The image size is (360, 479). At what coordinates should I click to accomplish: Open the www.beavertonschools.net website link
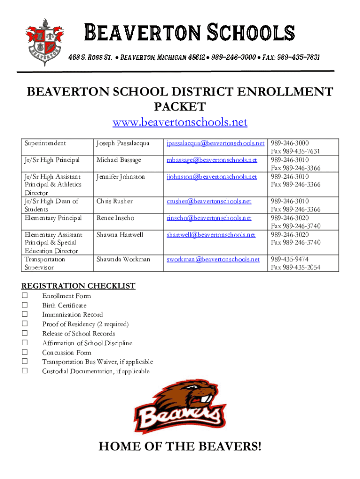(180, 123)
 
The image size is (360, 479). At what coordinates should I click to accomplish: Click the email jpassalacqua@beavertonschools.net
(216, 143)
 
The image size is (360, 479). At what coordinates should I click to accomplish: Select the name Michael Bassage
(118, 160)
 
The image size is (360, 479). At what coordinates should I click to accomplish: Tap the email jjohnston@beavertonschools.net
(211, 177)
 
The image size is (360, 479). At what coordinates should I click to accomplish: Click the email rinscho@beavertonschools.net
(209, 218)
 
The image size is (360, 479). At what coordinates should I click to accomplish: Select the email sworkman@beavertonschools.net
(213, 259)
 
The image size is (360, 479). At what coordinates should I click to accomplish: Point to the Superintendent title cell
(45, 143)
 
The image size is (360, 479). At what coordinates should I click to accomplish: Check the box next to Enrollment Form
(25, 296)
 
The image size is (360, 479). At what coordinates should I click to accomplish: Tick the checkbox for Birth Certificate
(25, 305)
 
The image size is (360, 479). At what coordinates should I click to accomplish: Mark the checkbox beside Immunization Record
(25, 314)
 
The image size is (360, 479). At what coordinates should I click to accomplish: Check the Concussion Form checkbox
(25, 352)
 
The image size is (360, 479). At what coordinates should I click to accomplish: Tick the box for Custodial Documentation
(25, 371)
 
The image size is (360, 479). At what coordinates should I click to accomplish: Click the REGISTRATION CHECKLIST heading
(79, 286)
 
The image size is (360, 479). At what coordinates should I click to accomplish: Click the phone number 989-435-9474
(289, 259)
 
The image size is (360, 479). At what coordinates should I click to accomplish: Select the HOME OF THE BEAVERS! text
(180, 448)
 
